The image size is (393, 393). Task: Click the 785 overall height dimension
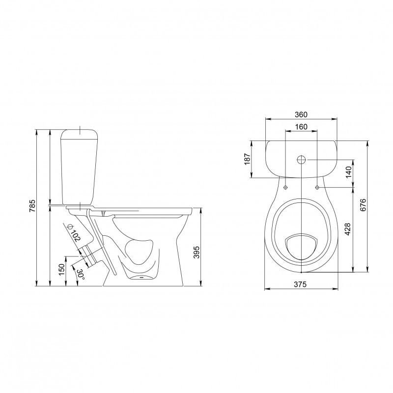(x=33, y=206)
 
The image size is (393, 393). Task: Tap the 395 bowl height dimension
(x=197, y=252)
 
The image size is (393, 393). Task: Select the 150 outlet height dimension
(x=62, y=269)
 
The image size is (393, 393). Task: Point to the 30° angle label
(x=81, y=274)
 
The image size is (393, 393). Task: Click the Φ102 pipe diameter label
(x=73, y=232)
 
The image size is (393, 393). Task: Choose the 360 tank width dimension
(x=301, y=114)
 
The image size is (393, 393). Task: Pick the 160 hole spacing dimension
(x=301, y=127)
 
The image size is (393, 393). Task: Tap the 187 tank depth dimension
(x=248, y=159)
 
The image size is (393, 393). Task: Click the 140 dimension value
(x=349, y=172)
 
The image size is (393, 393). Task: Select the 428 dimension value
(x=348, y=229)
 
